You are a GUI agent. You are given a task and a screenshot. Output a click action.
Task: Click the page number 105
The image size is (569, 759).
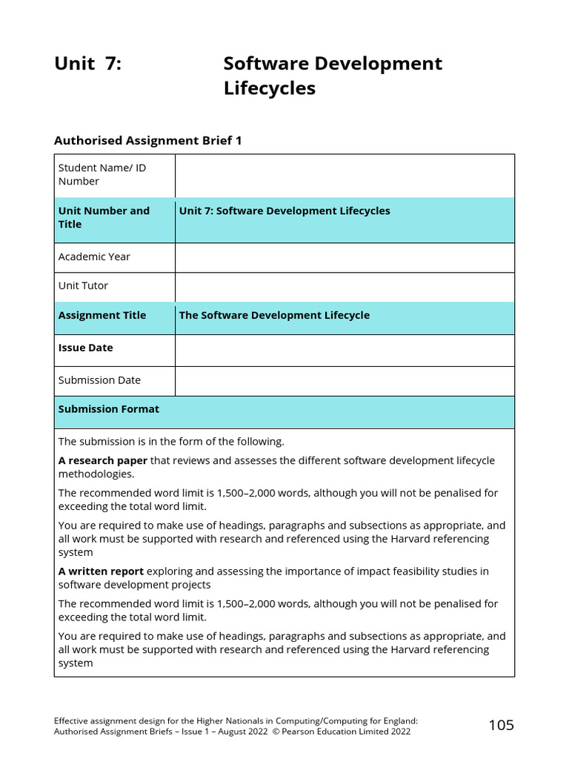(x=501, y=725)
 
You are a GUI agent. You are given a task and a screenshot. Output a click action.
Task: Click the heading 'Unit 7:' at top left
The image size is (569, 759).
(x=87, y=64)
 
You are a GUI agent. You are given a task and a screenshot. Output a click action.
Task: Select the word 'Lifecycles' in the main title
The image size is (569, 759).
(x=269, y=88)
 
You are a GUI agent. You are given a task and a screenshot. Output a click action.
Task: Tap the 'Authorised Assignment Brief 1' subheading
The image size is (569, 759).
(x=148, y=140)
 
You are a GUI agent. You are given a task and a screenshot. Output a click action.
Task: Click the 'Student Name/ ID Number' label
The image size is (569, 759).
(x=102, y=174)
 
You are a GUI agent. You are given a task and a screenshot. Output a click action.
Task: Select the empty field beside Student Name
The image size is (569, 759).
(x=345, y=176)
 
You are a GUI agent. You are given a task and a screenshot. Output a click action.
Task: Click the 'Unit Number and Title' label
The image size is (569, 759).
(x=104, y=217)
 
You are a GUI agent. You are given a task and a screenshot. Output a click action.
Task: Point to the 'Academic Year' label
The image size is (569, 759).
(x=94, y=256)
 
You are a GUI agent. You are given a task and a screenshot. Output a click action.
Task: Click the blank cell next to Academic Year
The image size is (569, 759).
(x=345, y=257)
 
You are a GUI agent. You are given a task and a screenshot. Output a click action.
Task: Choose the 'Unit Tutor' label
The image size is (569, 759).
(x=83, y=285)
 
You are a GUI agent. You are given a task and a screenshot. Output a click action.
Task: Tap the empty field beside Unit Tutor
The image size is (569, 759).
(x=345, y=287)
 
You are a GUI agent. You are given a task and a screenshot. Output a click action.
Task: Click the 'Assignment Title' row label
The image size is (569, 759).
(x=102, y=315)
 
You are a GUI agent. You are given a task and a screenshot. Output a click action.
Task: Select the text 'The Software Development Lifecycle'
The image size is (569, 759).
(x=274, y=315)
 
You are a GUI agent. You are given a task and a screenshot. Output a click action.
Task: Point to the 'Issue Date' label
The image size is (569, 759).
(x=86, y=348)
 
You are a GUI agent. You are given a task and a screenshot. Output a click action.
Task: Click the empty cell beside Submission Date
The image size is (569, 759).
(x=345, y=381)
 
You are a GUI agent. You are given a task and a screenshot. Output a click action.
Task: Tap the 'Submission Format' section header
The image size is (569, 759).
(x=109, y=409)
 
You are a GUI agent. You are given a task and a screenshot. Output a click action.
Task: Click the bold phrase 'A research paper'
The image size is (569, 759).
(x=103, y=460)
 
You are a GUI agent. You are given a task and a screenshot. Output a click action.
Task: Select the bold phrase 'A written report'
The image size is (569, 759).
(x=102, y=571)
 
